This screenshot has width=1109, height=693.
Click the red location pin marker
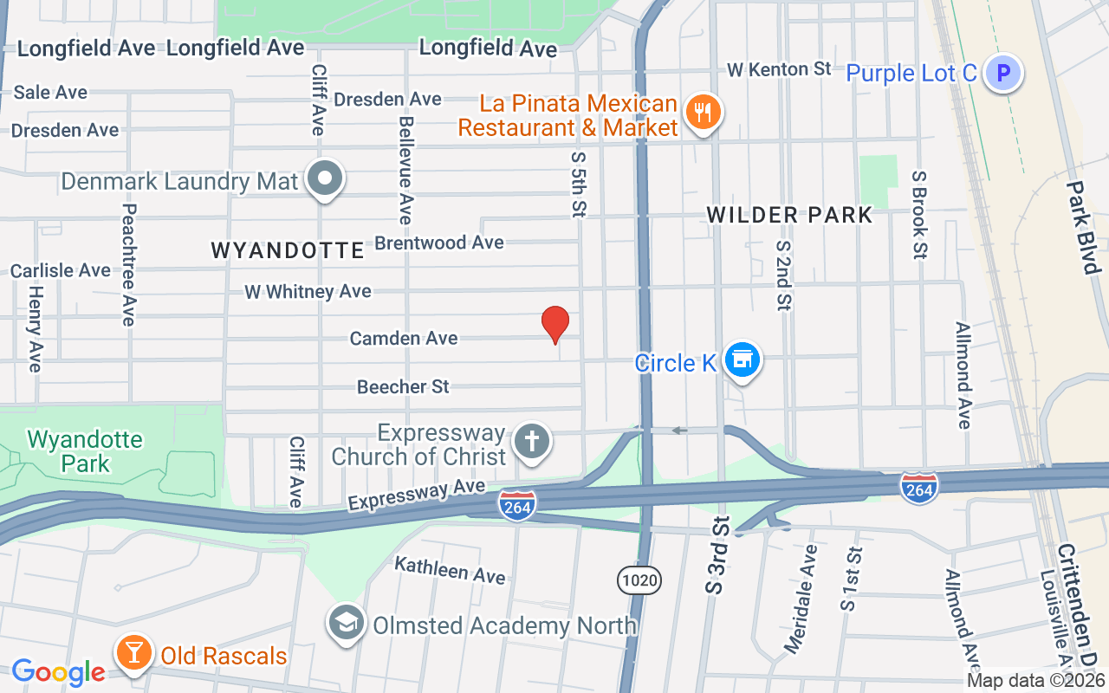(x=555, y=324)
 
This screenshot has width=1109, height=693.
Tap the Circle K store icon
(x=743, y=359)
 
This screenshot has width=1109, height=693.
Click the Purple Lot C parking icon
(x=1003, y=74)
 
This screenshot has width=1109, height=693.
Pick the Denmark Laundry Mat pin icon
(x=326, y=179)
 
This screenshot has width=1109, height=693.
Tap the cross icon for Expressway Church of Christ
(x=532, y=442)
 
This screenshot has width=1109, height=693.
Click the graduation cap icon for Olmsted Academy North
(x=347, y=624)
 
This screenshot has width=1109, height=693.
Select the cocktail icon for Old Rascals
(x=133, y=653)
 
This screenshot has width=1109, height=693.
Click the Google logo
(x=59, y=671)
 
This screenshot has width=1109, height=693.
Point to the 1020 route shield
(x=639, y=580)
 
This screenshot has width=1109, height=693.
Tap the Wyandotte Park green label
(x=85, y=450)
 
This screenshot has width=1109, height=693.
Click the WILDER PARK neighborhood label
(x=789, y=215)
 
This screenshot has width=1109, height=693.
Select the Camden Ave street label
(x=404, y=338)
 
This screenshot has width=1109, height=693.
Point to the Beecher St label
(x=404, y=386)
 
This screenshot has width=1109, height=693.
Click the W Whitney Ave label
(x=308, y=292)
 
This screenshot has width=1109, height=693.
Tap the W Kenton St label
(x=779, y=68)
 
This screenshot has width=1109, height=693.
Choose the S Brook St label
(x=919, y=214)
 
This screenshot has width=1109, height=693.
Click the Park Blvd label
(x=1081, y=227)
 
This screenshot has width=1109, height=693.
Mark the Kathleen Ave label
(x=450, y=570)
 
